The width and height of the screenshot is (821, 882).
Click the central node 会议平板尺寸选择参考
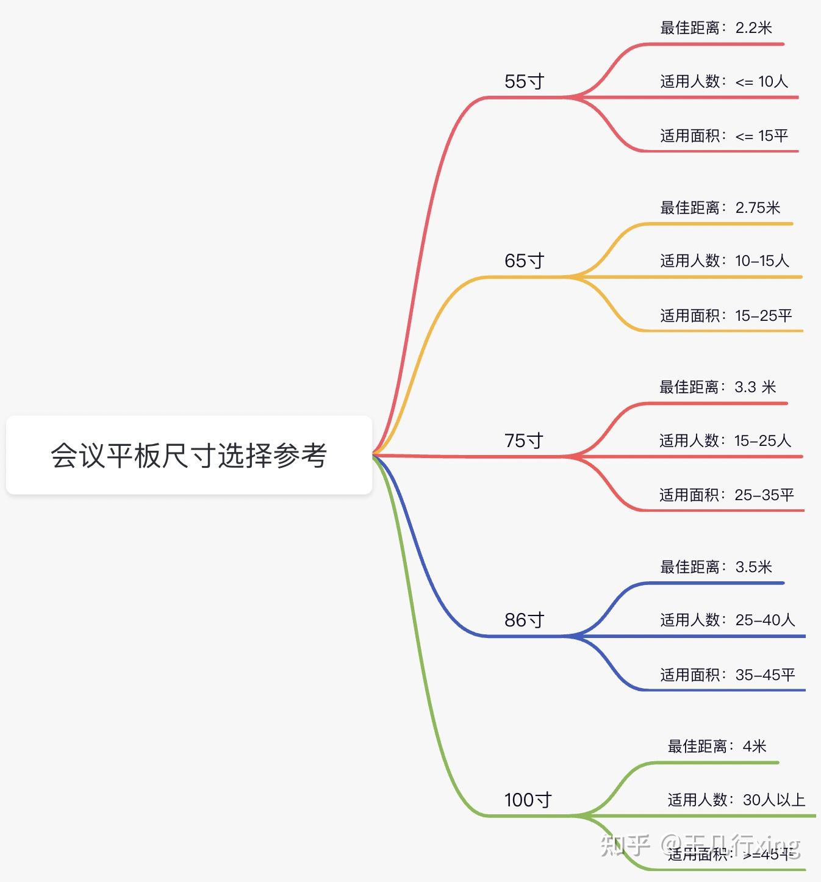pyautogui.click(x=189, y=455)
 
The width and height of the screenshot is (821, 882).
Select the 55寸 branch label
pyautogui.click(x=524, y=82)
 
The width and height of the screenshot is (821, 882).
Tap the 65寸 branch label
pyautogui.click(x=524, y=261)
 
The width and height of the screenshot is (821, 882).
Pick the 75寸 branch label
pyautogui.click(x=523, y=440)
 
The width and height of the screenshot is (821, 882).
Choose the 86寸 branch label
pyautogui.click(x=524, y=620)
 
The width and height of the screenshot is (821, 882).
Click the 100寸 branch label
pyautogui.click(x=528, y=800)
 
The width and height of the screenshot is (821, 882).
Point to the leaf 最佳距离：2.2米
pyautogui.click(x=716, y=28)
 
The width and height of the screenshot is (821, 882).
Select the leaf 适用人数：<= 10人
pyautogui.click(x=724, y=82)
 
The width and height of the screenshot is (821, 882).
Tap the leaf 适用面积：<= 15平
pyautogui.click(x=724, y=135)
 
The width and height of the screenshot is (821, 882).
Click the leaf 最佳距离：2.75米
pyautogui.click(x=720, y=208)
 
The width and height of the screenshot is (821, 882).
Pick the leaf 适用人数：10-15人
pyautogui.click(x=725, y=261)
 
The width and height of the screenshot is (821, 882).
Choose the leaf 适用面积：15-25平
pyautogui.click(x=726, y=315)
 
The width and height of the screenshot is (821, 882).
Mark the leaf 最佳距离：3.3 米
pyautogui.click(x=717, y=387)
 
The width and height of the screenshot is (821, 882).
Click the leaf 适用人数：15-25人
pyautogui.click(x=725, y=440)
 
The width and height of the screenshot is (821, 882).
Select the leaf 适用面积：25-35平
pyautogui.click(x=726, y=495)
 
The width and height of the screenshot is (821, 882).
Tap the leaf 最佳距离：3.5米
pyautogui.click(x=716, y=567)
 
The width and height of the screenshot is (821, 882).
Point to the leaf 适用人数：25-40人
pyautogui.click(x=727, y=620)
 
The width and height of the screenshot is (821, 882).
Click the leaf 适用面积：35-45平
pyautogui.click(x=727, y=675)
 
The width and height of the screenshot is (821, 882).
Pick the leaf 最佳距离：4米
pyautogui.click(x=717, y=747)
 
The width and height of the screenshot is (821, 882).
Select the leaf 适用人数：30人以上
pyautogui.click(x=736, y=800)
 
